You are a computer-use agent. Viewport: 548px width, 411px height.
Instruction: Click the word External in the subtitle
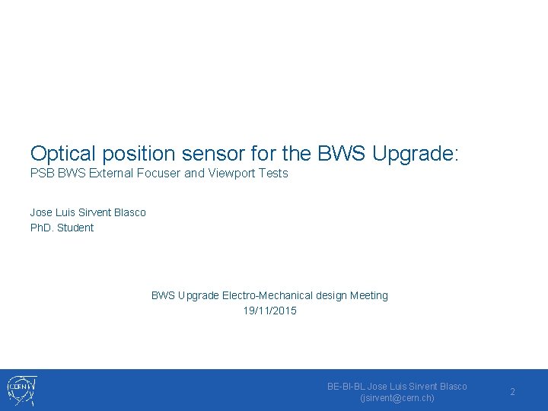pos(112,174)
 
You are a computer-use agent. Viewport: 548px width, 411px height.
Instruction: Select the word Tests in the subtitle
pos(273,174)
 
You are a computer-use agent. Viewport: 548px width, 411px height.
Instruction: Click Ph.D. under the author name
pos(42,228)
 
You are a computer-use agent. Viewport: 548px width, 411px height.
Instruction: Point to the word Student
pos(75,228)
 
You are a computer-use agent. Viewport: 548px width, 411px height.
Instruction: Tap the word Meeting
pos(369,295)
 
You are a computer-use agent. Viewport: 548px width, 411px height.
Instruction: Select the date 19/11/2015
pos(269,311)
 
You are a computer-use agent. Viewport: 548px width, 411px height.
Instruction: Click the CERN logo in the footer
pos(21,390)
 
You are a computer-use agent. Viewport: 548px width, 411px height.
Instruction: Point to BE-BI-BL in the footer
pos(346,387)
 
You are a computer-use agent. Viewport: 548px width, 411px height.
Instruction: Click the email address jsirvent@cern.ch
pos(397,398)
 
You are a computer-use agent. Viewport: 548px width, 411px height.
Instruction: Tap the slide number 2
pos(512,392)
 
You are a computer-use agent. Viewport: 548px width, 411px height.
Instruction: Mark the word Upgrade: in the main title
pos(416,154)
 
